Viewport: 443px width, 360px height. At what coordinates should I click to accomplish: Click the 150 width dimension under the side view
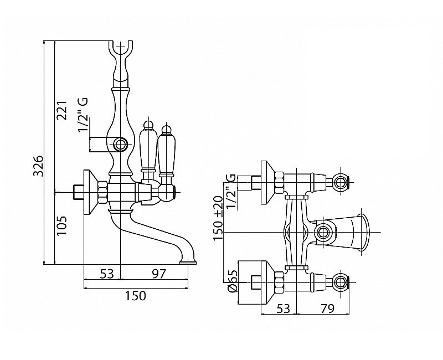(x=135, y=295)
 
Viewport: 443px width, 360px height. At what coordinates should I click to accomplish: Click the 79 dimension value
(x=327, y=308)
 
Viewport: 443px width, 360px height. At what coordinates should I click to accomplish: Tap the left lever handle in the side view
(x=147, y=146)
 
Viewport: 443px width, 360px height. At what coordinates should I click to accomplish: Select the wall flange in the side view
(x=89, y=192)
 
